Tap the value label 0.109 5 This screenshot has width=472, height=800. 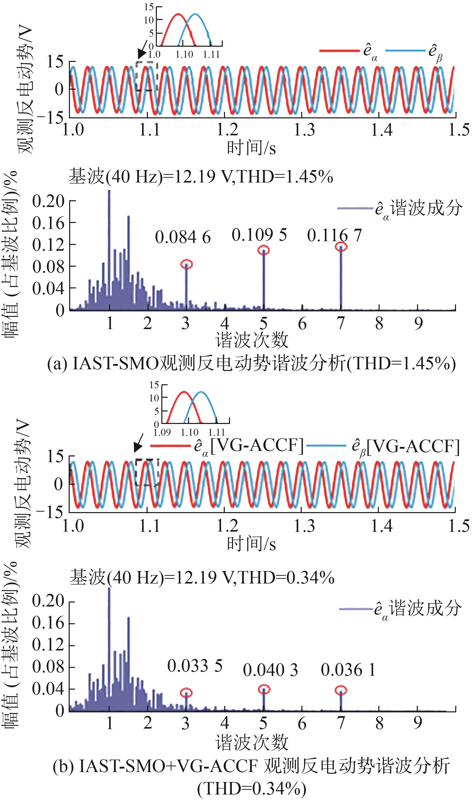point(259,235)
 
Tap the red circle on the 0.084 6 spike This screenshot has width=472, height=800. point(187,264)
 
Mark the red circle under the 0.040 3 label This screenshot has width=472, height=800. point(264,690)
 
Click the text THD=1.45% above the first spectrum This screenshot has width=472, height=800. point(285,177)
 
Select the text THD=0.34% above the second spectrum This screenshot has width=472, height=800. point(286,578)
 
